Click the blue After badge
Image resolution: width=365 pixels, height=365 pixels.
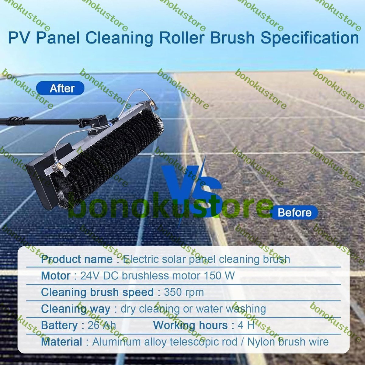pyautogui.click(x=60, y=88)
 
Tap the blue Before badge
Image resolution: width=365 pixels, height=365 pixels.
pyautogui.click(x=294, y=213)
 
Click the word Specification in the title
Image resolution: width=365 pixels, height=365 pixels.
pyautogui.click(x=310, y=38)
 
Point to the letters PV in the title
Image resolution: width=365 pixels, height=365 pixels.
pyautogui.click(x=20, y=38)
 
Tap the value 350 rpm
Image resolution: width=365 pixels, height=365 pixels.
pyautogui.click(x=184, y=292)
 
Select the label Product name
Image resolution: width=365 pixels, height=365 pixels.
pyautogui.click(x=77, y=259)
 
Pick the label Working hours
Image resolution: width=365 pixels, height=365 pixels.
pyautogui.click(x=190, y=325)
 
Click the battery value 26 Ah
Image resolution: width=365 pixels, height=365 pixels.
pyautogui.click(x=102, y=325)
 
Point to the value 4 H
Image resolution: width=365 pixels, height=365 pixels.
pyautogui.click(x=246, y=325)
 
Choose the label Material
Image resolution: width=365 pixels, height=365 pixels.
pyautogui.click(x=62, y=342)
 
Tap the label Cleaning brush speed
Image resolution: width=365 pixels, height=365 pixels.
pyautogui.click(x=97, y=292)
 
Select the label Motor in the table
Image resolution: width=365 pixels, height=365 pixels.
pyautogui.click(x=56, y=276)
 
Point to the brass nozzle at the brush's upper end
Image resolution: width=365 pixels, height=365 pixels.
pyautogui.click(x=151, y=103)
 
